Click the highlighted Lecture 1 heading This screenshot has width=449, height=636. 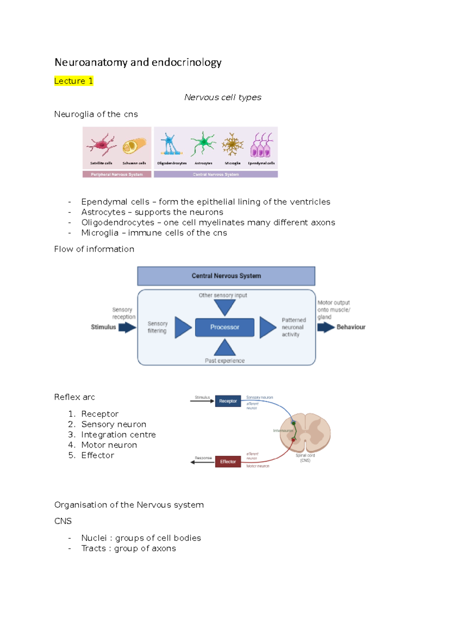[74, 81]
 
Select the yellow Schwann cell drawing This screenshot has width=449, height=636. [134, 146]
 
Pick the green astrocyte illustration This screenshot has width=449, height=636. [203, 143]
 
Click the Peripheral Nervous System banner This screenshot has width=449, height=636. [117, 174]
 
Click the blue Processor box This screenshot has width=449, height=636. [224, 327]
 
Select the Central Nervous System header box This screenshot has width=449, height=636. [226, 276]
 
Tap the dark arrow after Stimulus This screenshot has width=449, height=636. [127, 327]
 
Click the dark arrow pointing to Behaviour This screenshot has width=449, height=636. [326, 327]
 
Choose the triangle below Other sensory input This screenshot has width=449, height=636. [224, 307]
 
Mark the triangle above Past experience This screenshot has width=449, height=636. [224, 348]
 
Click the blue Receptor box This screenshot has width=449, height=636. [228, 401]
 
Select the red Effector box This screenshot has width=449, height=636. [228, 461]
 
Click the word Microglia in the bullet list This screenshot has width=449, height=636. [100, 233]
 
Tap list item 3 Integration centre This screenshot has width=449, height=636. [118, 434]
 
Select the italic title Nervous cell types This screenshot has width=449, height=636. [223, 97]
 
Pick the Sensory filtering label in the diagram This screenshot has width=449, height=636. [157, 327]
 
